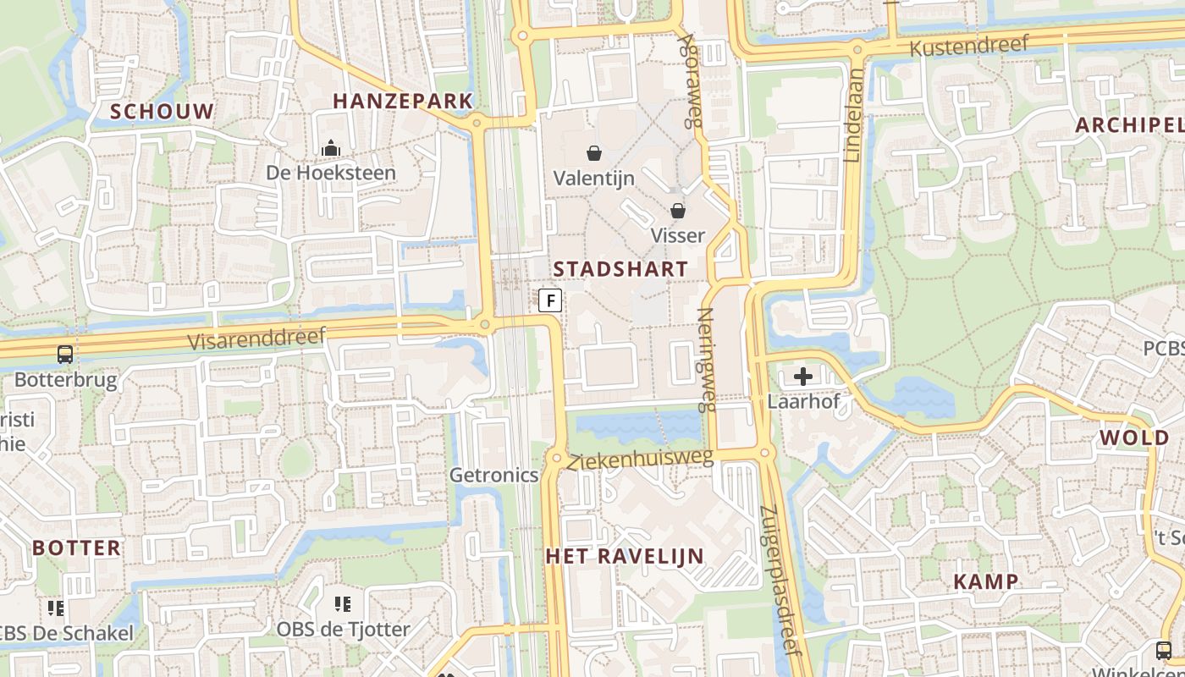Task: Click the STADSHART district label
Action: tap(620, 269)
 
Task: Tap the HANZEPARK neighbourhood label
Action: tap(402, 102)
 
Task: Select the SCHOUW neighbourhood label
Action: tap(162, 111)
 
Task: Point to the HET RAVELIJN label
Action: tap(625, 556)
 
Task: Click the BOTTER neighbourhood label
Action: tap(77, 548)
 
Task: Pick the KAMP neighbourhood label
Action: tap(985, 581)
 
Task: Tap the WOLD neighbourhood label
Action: tap(1133, 438)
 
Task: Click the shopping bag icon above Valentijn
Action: tap(594, 153)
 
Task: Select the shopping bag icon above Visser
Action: tap(678, 210)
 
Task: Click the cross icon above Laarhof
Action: tap(803, 376)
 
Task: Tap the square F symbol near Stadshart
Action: tap(550, 300)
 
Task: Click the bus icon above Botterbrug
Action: tap(65, 355)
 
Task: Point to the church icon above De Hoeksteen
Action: tap(330, 149)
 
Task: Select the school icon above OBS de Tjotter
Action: tap(343, 604)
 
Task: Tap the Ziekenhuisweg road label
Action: tap(641, 460)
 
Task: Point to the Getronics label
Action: tap(493, 475)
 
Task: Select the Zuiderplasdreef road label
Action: tap(780, 581)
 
